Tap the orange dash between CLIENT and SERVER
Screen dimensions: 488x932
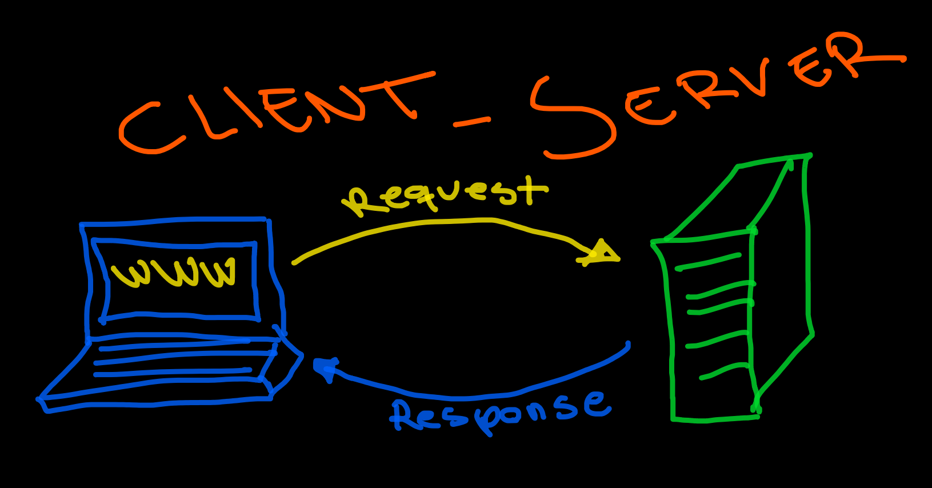coord(472,122)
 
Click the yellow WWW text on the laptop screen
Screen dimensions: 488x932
coord(175,273)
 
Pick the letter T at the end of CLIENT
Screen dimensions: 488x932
coord(400,91)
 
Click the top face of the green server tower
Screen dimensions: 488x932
coord(737,197)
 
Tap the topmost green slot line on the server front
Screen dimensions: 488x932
coord(709,262)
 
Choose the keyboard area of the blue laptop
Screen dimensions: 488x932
coord(177,360)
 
